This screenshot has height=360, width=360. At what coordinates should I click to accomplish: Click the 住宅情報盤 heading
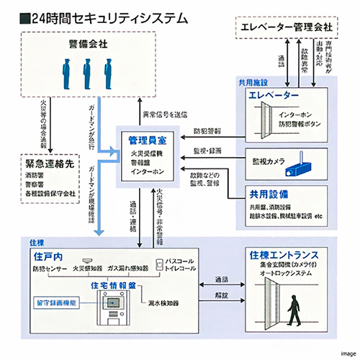click(113, 285)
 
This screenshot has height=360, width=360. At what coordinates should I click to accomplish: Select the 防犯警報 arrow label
click(209, 132)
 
